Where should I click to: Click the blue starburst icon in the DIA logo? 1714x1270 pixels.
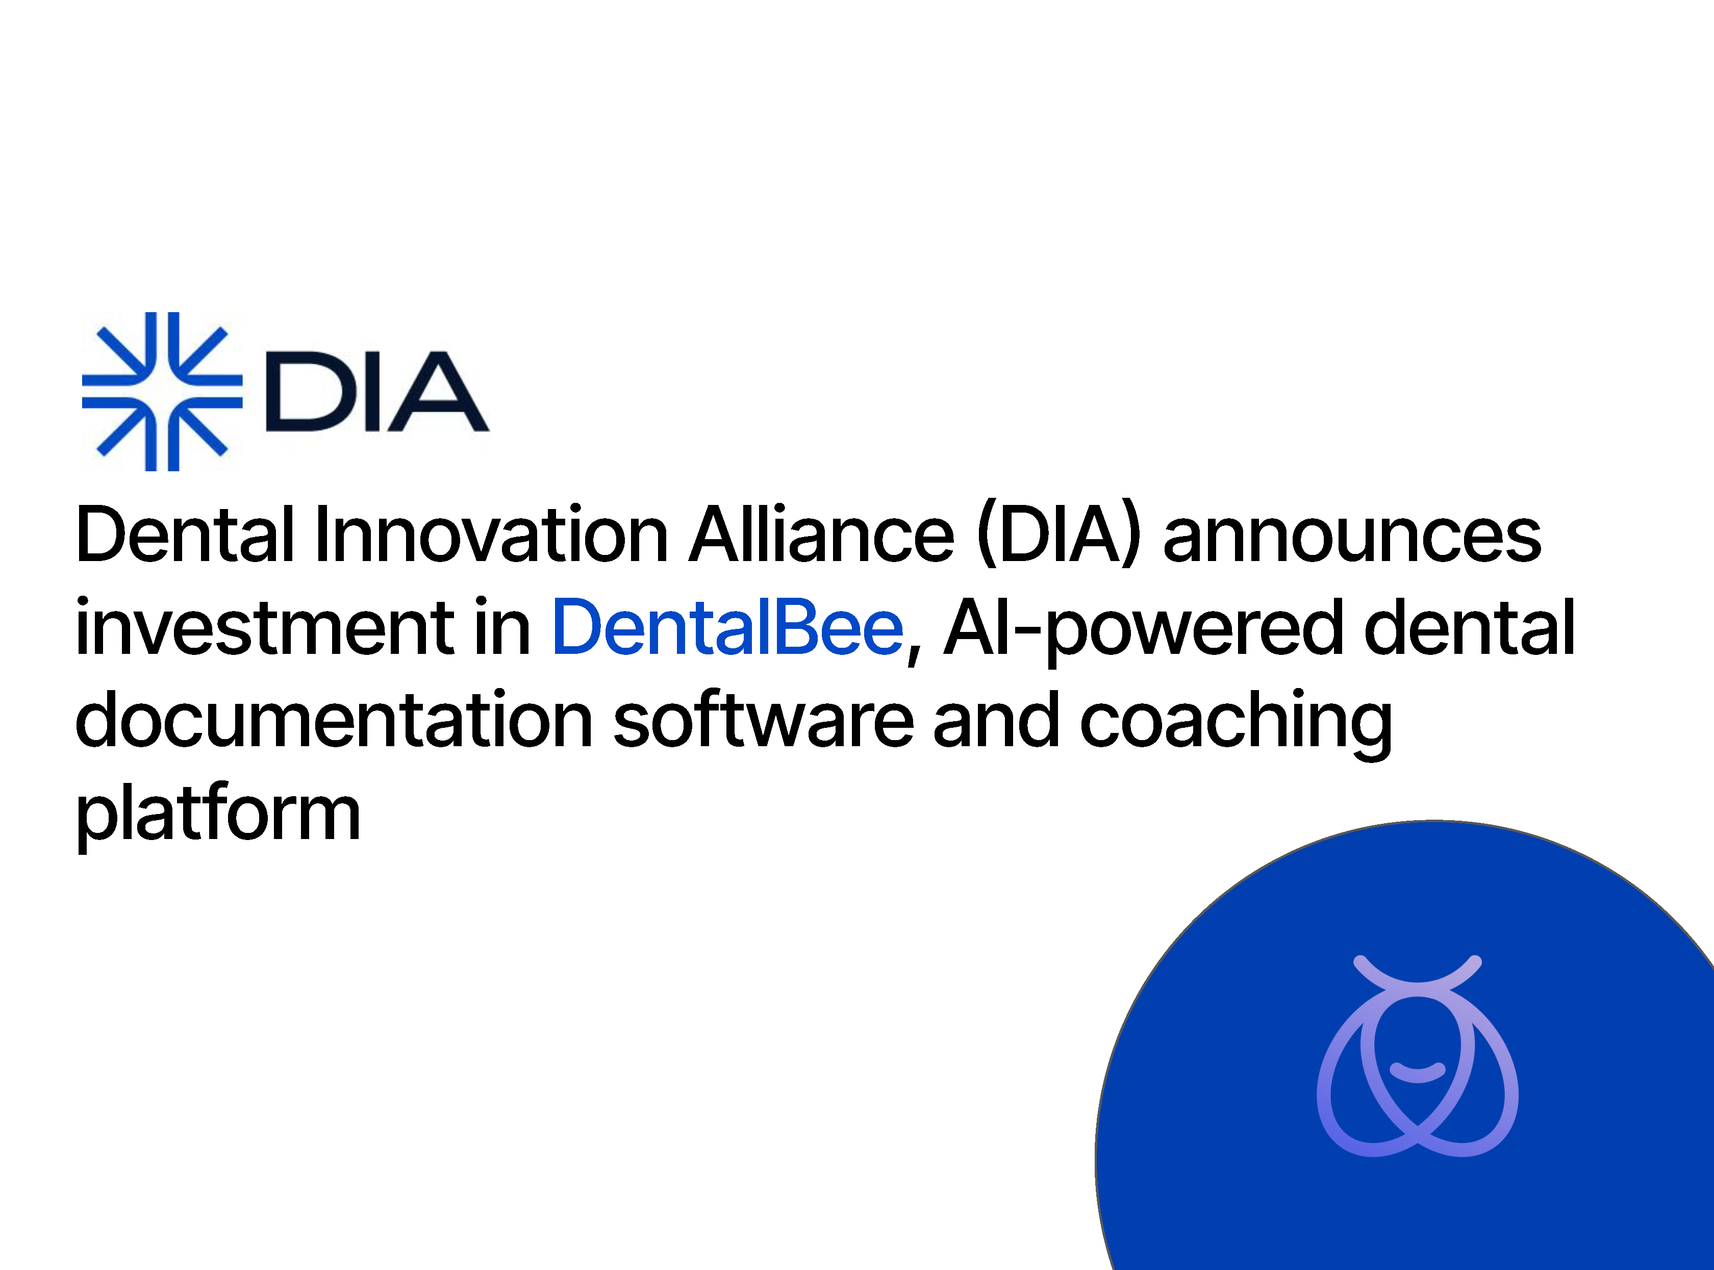coord(162,391)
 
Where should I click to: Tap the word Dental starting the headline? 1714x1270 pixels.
coord(185,535)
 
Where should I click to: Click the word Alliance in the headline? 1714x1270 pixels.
coord(821,535)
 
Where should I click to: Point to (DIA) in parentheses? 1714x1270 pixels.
coord(1058,536)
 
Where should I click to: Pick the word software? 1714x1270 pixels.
coord(764,719)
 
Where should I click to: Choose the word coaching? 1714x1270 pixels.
coord(1236,723)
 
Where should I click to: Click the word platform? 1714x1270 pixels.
coord(218,816)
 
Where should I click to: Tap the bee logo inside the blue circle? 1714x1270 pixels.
coord(1417,1055)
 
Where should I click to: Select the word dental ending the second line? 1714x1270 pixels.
coord(1469,626)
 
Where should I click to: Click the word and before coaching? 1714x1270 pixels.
coord(997,719)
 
